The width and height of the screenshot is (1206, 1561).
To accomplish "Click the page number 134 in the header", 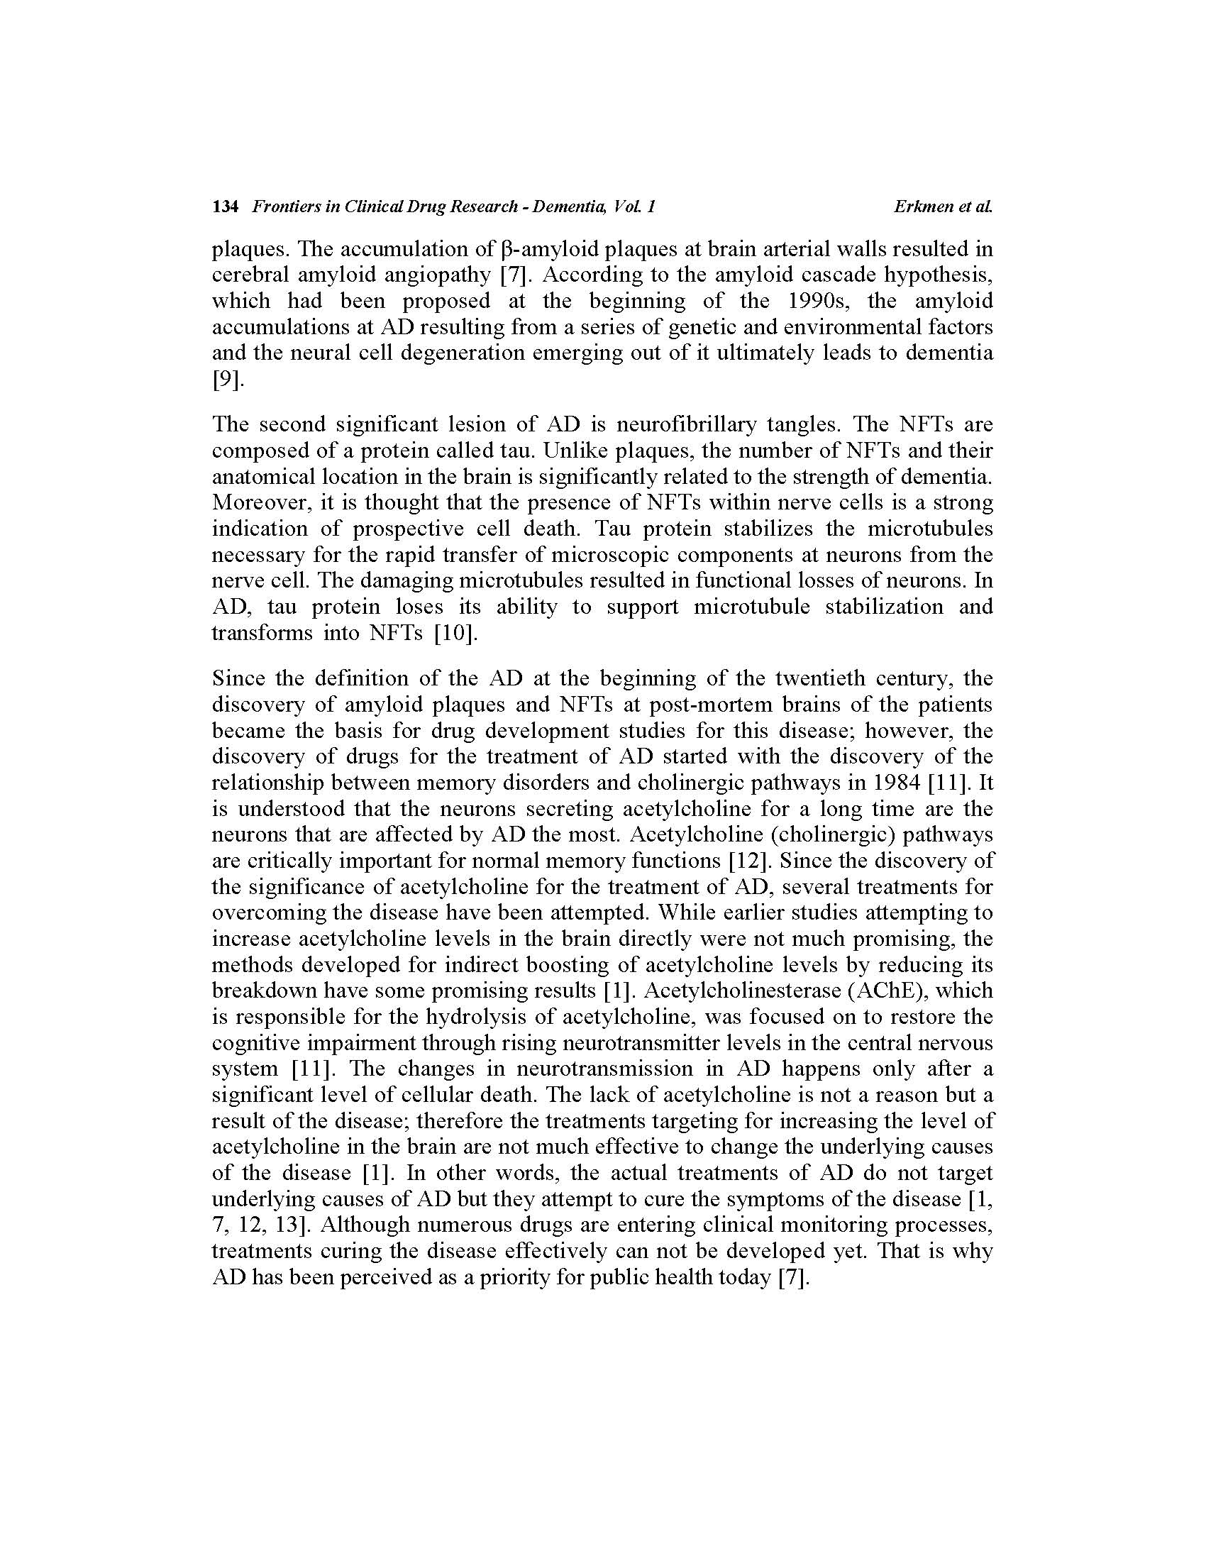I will point(224,207).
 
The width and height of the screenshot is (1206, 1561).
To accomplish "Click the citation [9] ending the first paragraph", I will point(226,379).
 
